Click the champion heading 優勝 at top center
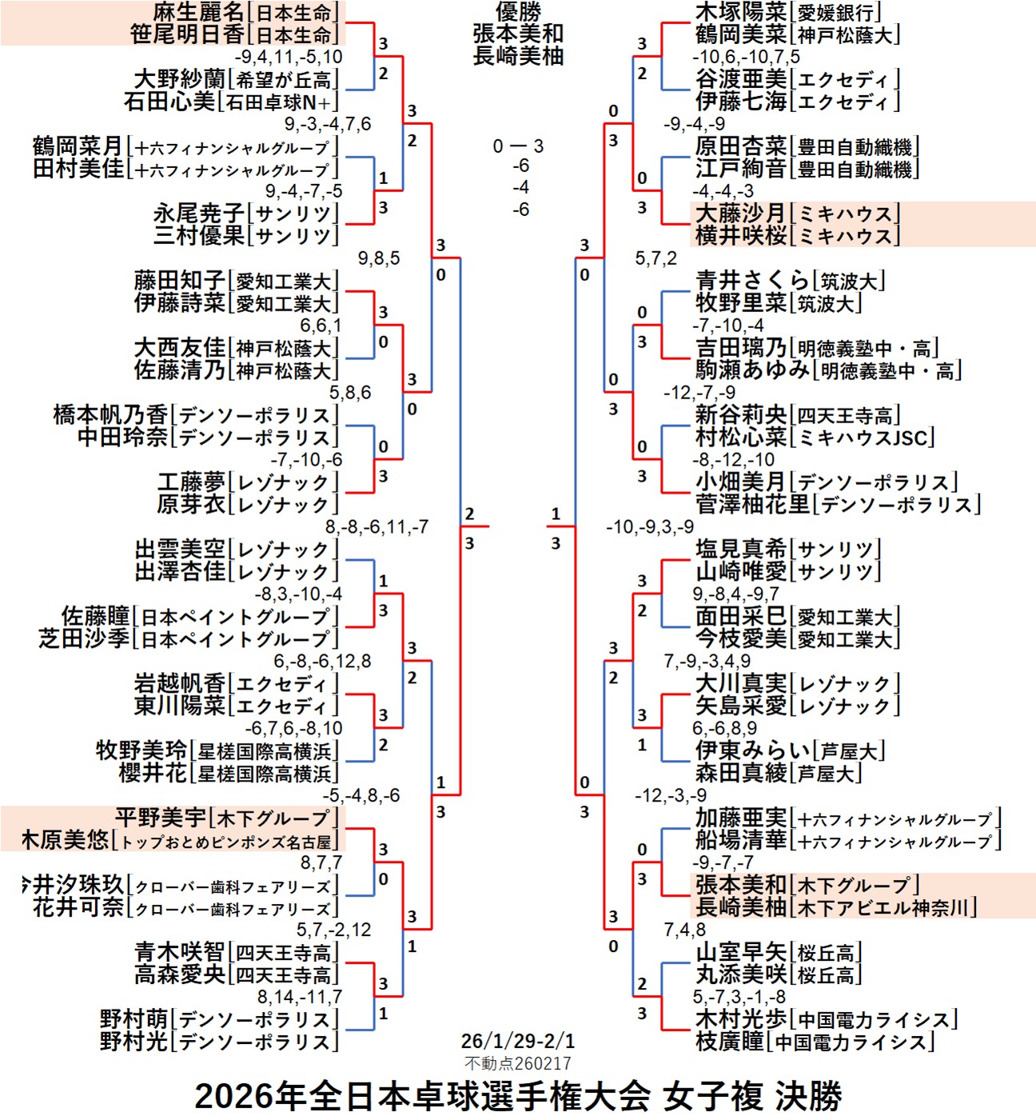(518, 12)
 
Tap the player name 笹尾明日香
(187, 35)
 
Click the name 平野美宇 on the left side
(161, 818)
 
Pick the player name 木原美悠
(65, 840)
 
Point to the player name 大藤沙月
(740, 214)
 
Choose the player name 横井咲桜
(740, 236)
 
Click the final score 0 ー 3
(518, 146)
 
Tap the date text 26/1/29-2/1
(518, 1041)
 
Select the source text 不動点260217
(518, 1063)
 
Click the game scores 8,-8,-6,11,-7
(377, 527)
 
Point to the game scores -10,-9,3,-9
(650, 527)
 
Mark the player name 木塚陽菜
(740, 13)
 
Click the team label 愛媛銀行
(835, 13)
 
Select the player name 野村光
(133, 1042)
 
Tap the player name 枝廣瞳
(729, 1042)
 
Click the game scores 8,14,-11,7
(299, 997)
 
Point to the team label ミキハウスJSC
(862, 438)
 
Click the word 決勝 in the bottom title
(808, 1096)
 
